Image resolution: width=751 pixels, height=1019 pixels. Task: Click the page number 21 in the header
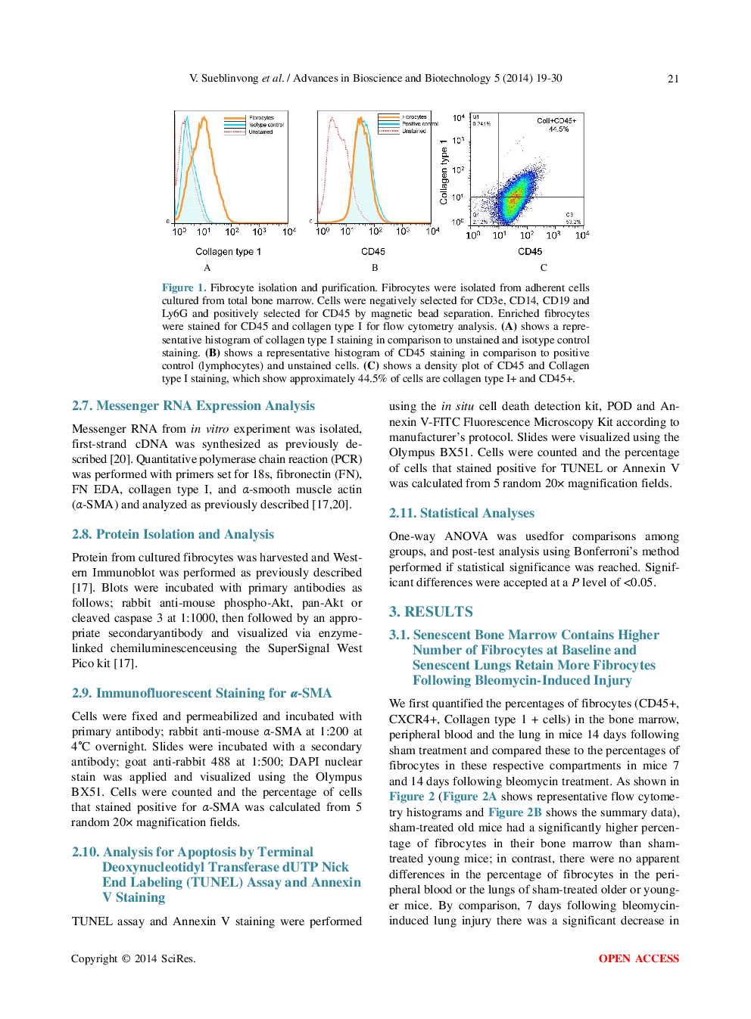[x=672, y=79]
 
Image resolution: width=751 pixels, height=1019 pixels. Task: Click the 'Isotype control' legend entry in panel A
[x=266, y=125]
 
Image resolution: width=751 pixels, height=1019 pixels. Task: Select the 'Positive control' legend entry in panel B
[x=419, y=124]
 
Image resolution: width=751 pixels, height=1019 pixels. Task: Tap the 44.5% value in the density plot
[x=559, y=129]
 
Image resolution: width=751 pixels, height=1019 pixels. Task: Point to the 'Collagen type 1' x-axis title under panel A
[x=228, y=252]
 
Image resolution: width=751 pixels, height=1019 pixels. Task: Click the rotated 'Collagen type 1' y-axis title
[x=444, y=172]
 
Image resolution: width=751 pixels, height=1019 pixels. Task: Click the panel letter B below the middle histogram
[x=375, y=268]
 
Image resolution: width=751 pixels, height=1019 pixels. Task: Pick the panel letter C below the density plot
[x=544, y=268]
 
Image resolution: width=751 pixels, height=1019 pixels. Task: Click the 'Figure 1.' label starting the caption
[x=183, y=287]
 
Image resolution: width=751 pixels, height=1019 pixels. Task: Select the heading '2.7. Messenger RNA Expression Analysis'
[x=193, y=406]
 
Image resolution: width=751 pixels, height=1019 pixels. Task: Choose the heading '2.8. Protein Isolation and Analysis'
[x=173, y=535]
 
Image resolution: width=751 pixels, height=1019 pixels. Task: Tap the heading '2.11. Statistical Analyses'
[x=461, y=514]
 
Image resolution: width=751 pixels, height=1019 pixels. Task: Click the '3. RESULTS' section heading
[x=431, y=612]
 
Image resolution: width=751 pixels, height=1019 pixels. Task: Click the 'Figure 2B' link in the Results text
[x=515, y=812]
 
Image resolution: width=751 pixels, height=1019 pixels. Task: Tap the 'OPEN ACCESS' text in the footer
[x=638, y=958]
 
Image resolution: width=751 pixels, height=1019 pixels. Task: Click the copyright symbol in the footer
[x=126, y=959]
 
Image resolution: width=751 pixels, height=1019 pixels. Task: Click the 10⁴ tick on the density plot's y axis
[x=459, y=118]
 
